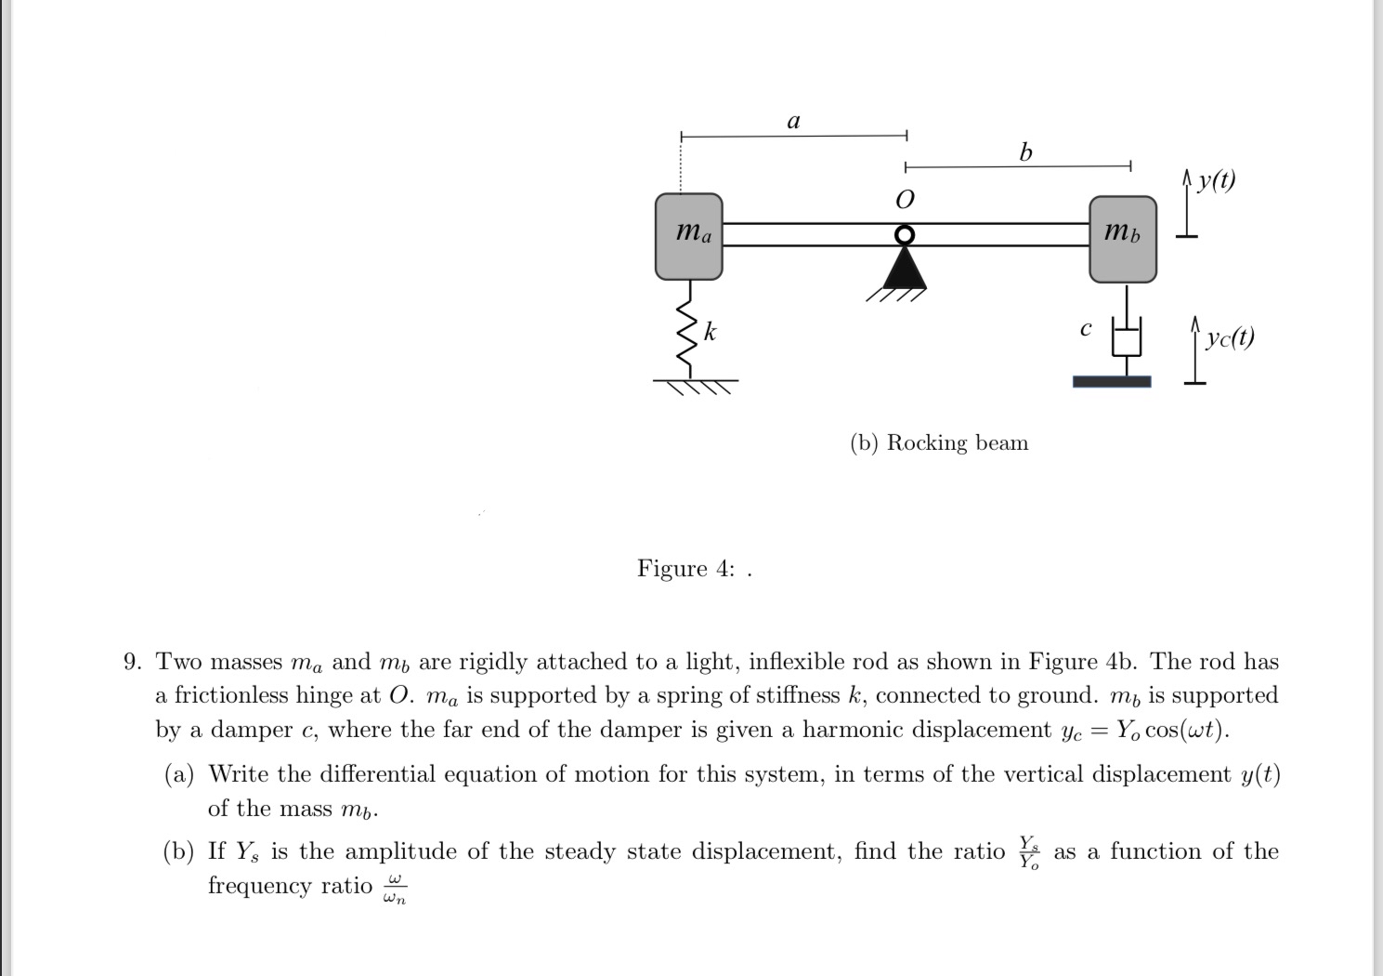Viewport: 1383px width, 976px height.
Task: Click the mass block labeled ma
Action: pos(688,236)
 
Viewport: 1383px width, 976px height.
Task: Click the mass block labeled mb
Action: pos(1122,239)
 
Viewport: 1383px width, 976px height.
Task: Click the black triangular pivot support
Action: pos(905,269)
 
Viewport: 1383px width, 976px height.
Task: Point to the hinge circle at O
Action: pos(905,234)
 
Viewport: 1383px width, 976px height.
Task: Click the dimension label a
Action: pos(793,121)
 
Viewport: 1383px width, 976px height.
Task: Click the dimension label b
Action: pos(1025,152)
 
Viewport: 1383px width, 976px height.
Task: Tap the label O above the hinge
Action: pos(904,200)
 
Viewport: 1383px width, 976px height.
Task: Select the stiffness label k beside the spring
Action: pos(710,331)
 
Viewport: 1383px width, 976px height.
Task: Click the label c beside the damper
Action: pos(1085,328)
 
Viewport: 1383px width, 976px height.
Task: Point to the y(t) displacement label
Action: pos(1216,179)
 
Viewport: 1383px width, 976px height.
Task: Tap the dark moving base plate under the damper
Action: pos(1112,381)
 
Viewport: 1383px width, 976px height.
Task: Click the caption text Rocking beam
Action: pos(957,442)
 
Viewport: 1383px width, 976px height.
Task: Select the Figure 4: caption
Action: pos(687,568)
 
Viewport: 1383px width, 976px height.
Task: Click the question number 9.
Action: pos(134,662)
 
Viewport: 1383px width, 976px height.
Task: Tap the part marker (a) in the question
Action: pos(178,774)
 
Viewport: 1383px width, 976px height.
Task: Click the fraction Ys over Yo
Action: pos(1029,851)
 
